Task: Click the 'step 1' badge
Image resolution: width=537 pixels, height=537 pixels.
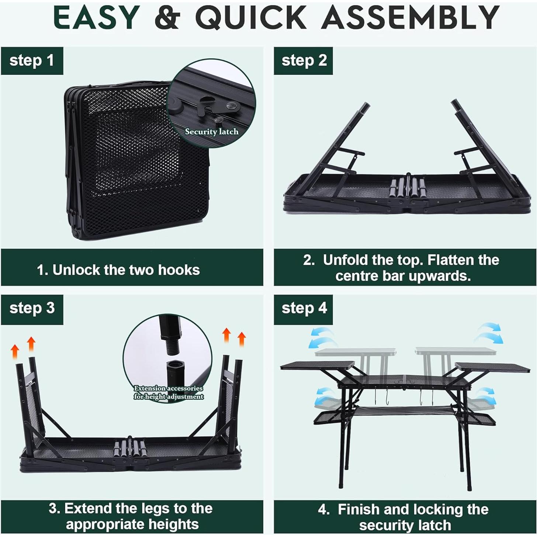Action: [32, 60]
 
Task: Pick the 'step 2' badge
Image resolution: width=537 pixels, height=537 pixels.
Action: [304, 60]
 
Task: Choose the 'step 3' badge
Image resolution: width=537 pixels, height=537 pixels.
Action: [32, 308]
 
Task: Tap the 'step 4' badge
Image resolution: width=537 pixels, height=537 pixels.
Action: [304, 308]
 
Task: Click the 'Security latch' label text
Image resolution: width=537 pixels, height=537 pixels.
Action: [212, 132]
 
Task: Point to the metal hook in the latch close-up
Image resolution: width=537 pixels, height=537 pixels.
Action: [207, 107]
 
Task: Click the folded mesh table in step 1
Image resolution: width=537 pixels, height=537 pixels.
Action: [136, 159]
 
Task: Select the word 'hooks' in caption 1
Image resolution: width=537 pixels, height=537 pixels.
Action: [179, 270]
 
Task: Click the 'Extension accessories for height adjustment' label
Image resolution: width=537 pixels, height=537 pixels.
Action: [168, 392]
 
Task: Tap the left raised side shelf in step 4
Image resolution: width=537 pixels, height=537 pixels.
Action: [317, 366]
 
